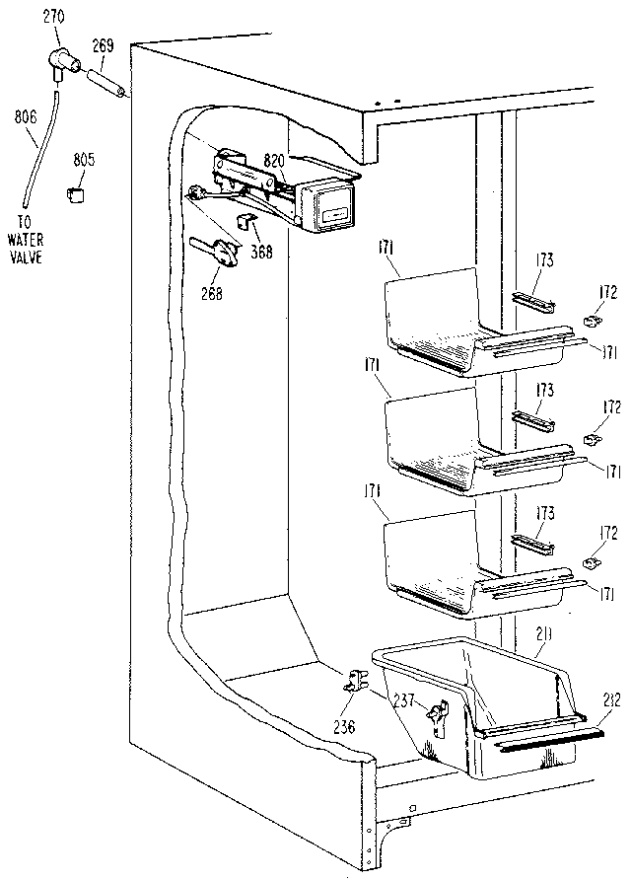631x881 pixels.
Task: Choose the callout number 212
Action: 610,700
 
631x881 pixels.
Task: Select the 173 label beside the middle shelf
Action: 543,392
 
